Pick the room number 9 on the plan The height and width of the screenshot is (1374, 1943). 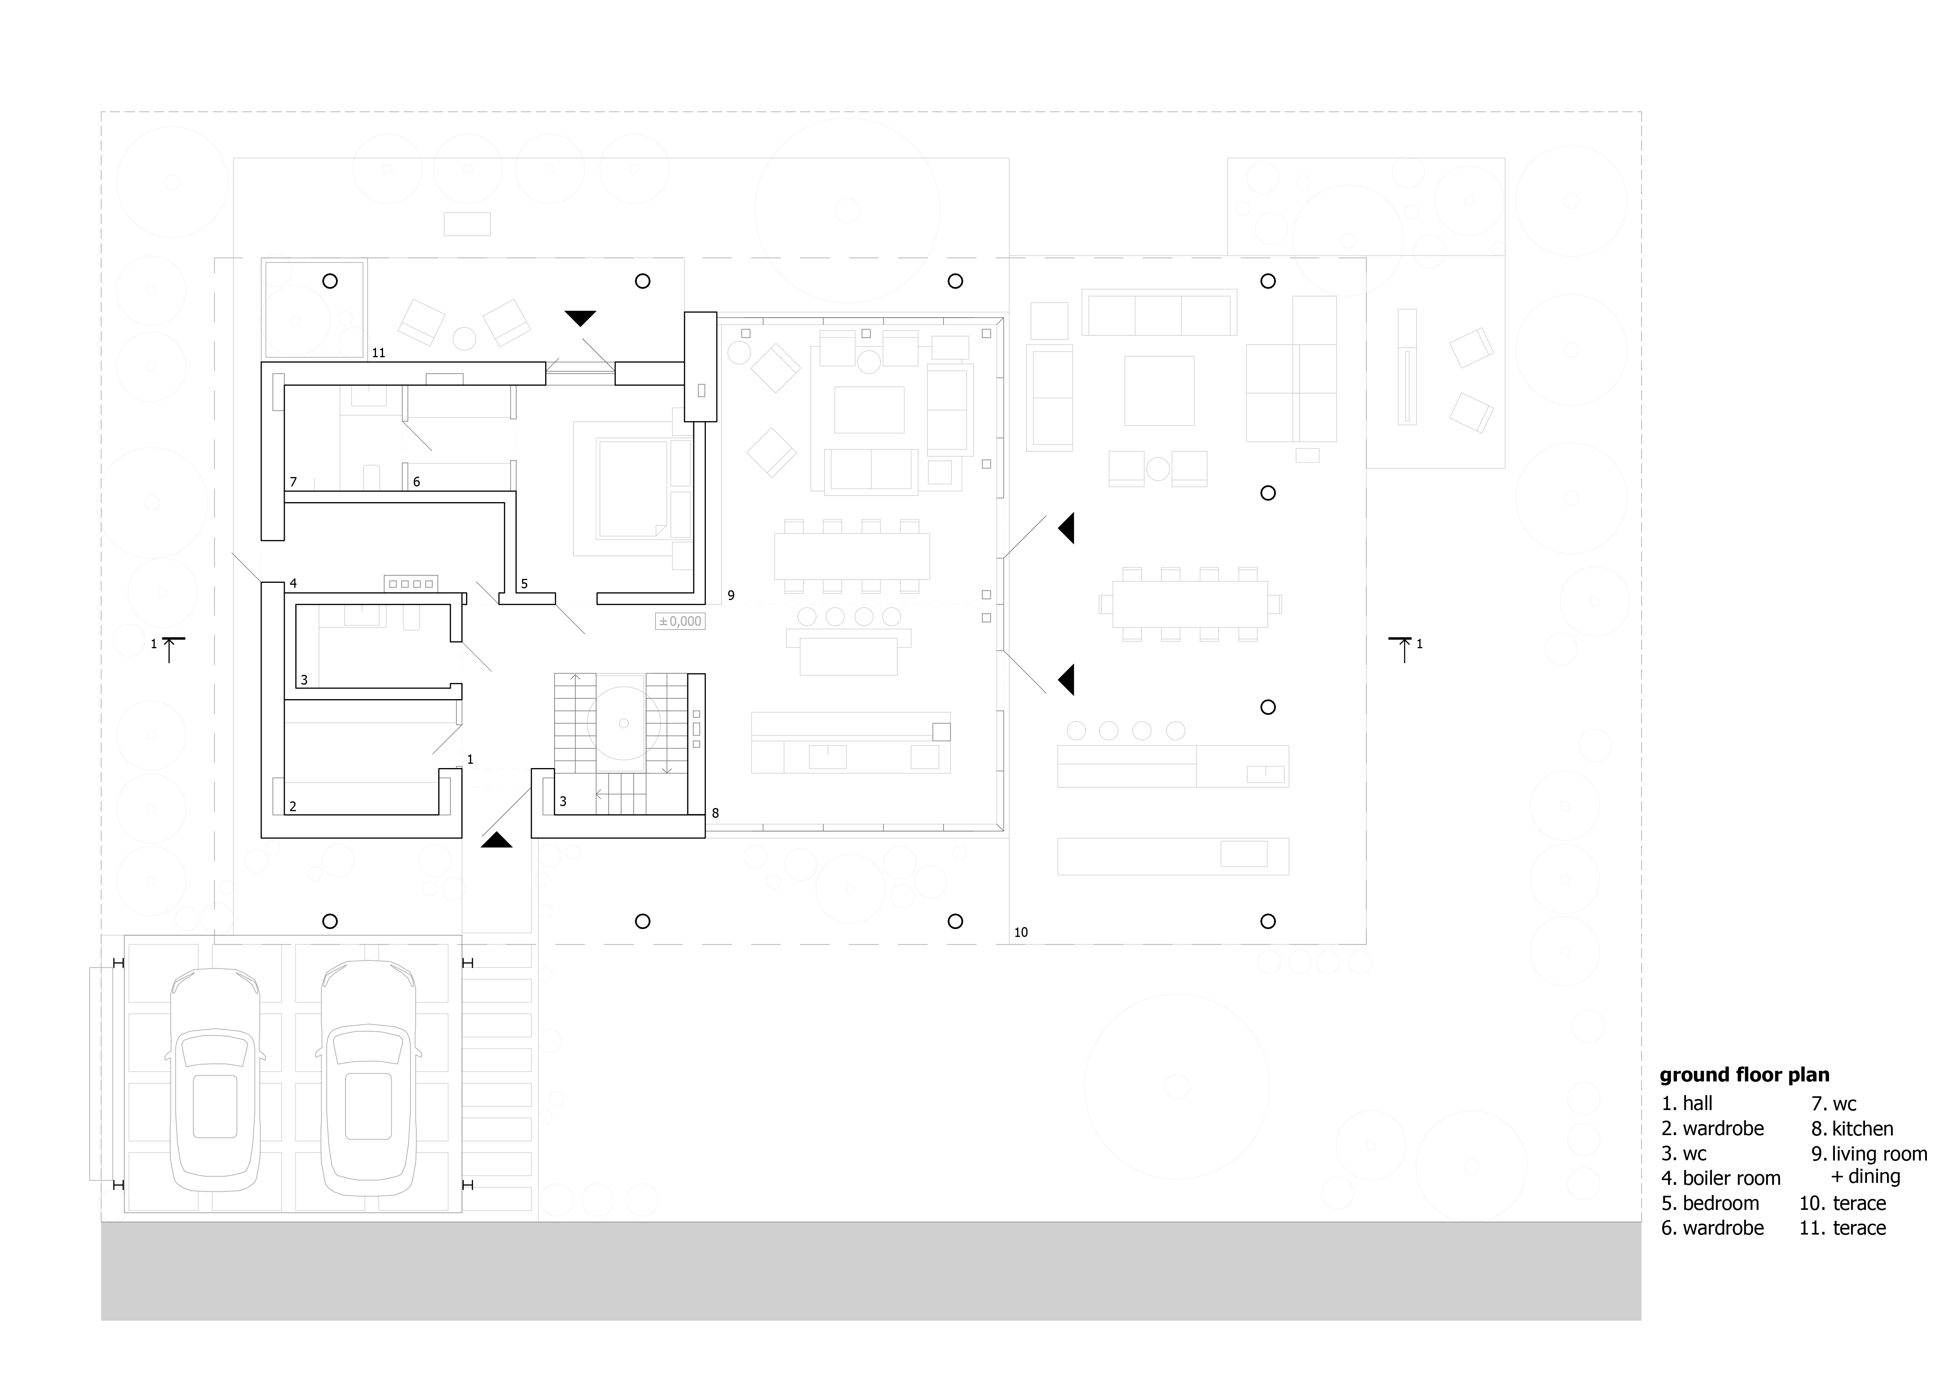point(731,596)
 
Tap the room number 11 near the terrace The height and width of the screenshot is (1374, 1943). point(378,353)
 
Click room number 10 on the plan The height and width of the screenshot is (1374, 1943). point(1021,932)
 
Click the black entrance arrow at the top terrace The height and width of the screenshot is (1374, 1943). point(580,318)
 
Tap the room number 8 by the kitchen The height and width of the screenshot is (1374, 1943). point(715,813)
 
